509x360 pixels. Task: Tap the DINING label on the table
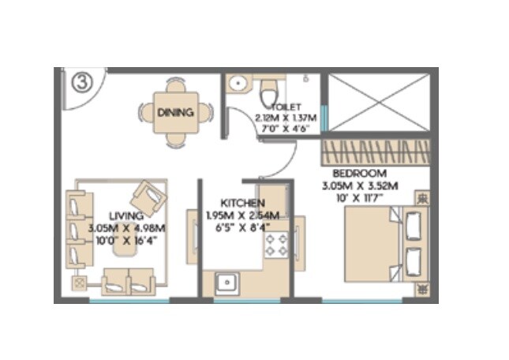click(174, 112)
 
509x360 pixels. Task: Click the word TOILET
click(284, 107)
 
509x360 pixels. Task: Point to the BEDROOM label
click(359, 173)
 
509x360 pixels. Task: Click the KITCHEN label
click(236, 203)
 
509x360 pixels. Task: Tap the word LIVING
click(125, 215)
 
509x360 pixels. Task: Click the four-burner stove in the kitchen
click(276, 244)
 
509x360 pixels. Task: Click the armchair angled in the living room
click(147, 195)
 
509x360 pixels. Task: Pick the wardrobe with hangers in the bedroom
click(376, 151)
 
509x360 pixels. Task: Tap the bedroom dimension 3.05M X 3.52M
click(359, 186)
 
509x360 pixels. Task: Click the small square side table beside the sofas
click(79, 281)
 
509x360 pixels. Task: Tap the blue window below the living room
click(129, 301)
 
